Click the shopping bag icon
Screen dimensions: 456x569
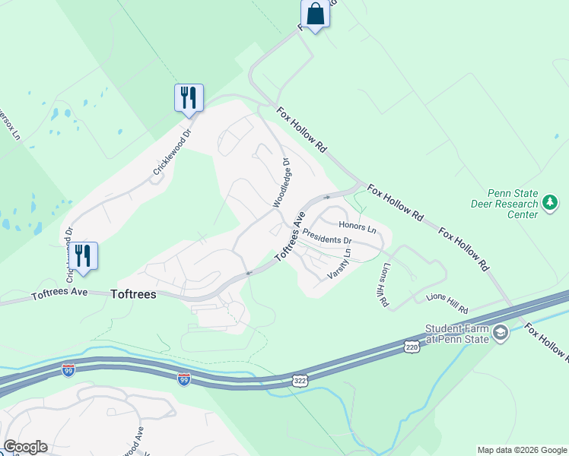(x=315, y=14)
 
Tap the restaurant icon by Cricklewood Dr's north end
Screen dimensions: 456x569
(x=189, y=98)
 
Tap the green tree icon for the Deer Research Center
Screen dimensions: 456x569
(x=549, y=203)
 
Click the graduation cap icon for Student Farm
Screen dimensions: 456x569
(x=501, y=333)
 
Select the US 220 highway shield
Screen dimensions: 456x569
(x=412, y=347)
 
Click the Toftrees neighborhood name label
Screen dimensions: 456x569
(x=133, y=294)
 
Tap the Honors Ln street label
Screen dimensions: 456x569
(x=358, y=226)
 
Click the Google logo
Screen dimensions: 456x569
(x=25, y=447)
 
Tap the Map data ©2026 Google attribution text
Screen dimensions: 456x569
(x=522, y=450)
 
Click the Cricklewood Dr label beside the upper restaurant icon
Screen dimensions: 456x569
(x=170, y=152)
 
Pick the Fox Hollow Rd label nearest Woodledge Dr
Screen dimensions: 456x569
(x=300, y=130)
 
